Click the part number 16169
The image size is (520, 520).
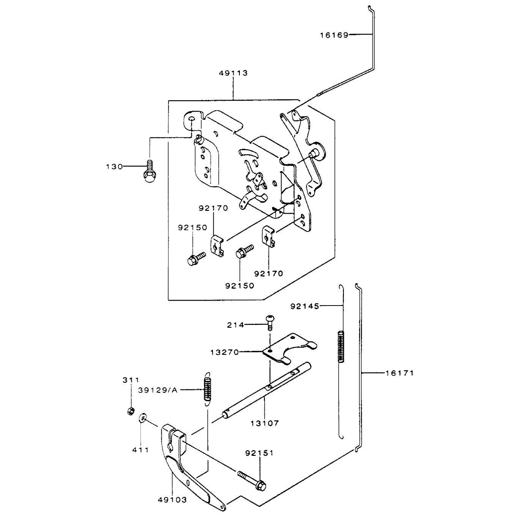tap(334, 35)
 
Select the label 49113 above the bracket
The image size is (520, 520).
tap(233, 73)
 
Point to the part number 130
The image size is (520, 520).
tap(114, 167)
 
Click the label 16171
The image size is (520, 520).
tap(399, 373)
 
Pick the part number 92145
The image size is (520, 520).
tap(305, 306)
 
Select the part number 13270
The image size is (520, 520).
tap(225, 353)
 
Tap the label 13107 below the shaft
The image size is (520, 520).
tap(265, 423)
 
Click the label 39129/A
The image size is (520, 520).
tap(158, 390)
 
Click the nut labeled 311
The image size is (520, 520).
tap(131, 411)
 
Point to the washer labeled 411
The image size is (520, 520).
tap(143, 419)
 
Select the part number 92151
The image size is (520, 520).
tap(259, 453)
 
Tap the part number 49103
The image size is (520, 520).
tap(172, 500)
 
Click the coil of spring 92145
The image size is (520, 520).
tap(341, 347)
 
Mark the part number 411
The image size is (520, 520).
tap(140, 450)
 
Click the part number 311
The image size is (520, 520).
tap(131, 380)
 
